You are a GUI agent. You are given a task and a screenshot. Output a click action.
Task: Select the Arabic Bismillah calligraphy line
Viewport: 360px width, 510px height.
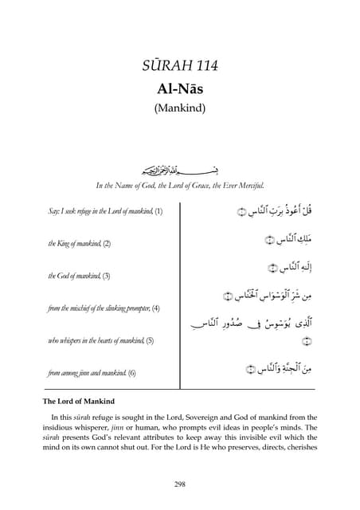click(179, 171)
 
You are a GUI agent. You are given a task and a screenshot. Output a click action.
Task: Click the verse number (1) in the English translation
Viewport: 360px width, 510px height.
click(158, 212)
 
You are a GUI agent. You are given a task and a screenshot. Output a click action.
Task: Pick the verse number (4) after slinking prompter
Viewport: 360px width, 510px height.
click(156, 308)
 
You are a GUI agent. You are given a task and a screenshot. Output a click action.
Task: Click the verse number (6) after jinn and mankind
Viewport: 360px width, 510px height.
click(132, 372)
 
